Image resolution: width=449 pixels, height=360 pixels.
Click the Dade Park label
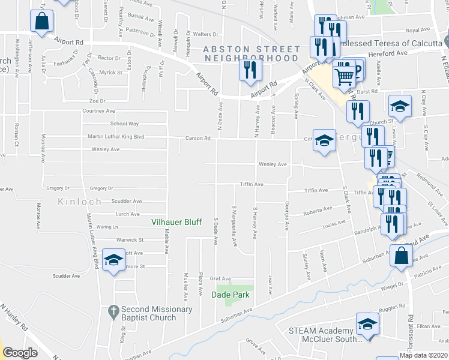pos(230,294)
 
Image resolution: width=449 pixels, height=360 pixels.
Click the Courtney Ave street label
pos(98,111)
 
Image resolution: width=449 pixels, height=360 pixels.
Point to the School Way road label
pos(124,124)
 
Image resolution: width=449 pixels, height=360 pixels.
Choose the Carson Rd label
pos(198,138)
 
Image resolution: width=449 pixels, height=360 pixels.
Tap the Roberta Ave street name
pos(318,211)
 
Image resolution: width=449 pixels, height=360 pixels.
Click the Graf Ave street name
pos(220,278)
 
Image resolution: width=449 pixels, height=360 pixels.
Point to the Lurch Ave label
pos(127,214)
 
